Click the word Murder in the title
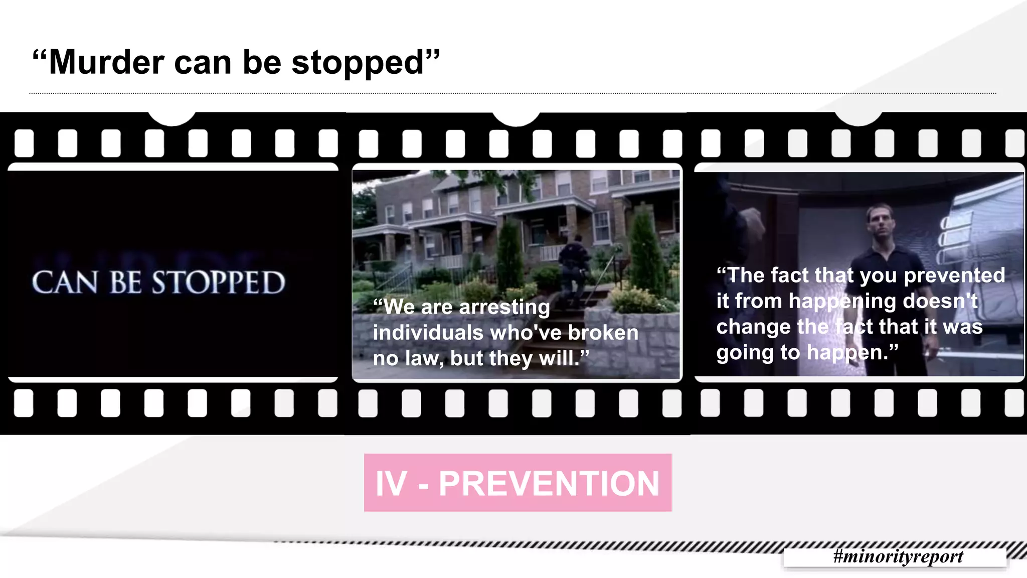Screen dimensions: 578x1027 (x=106, y=63)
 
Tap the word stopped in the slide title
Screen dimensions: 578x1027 (x=358, y=64)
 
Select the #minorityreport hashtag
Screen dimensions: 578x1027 (x=898, y=556)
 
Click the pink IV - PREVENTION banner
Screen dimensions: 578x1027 (x=518, y=483)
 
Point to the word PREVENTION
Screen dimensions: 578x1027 (x=549, y=484)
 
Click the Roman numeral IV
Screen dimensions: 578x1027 (x=391, y=484)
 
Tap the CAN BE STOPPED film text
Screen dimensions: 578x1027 (x=158, y=282)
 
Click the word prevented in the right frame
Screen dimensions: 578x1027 (x=954, y=275)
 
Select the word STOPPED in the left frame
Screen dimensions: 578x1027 (x=219, y=282)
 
